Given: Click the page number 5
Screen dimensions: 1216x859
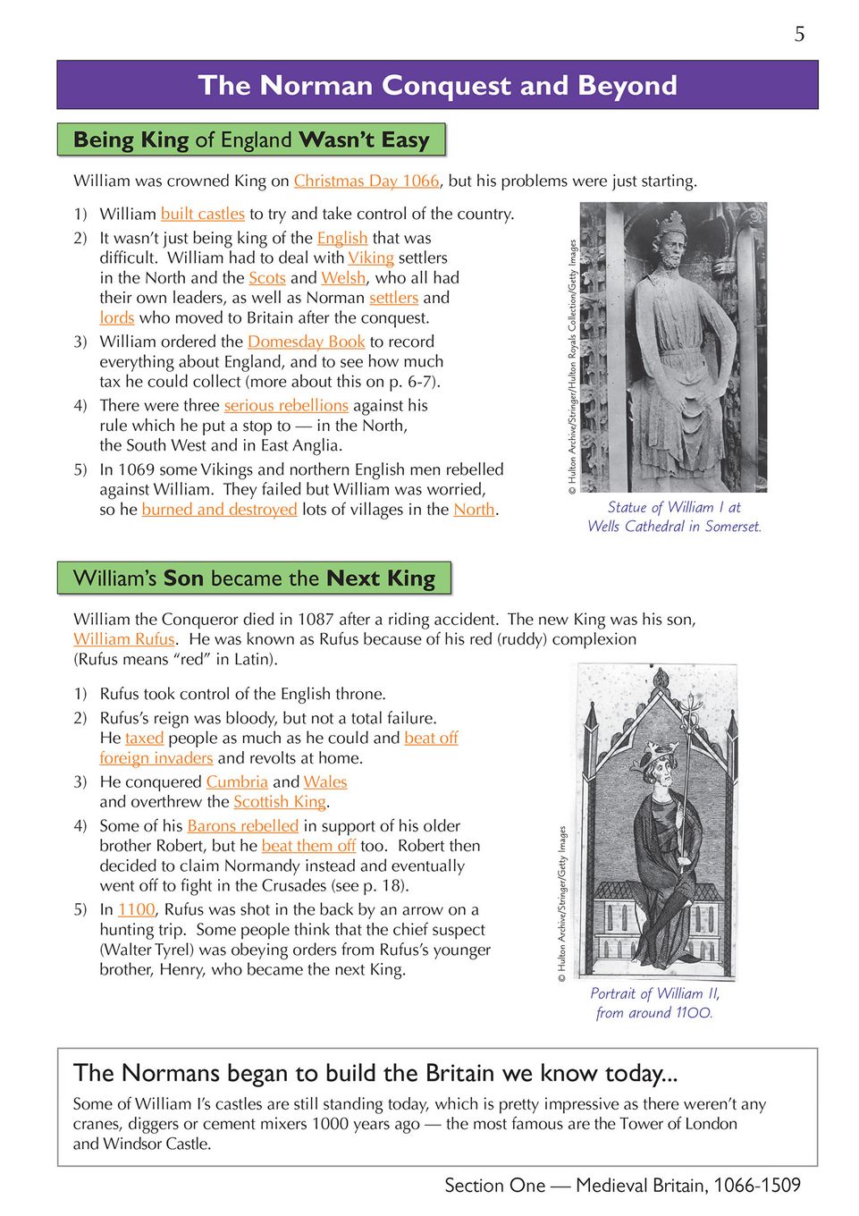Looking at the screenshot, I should click(x=799, y=34).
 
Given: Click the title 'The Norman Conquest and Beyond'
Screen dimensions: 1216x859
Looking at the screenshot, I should click(x=437, y=86).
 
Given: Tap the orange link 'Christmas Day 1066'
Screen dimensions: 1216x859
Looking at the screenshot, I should click(x=366, y=181).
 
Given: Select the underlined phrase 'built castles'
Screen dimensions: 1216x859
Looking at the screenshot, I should click(x=202, y=214).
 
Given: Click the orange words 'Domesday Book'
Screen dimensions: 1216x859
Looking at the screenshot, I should click(x=306, y=342).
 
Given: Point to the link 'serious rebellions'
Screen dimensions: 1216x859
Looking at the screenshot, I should click(x=286, y=405).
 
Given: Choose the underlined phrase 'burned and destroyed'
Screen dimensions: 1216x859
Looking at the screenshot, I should click(x=219, y=510).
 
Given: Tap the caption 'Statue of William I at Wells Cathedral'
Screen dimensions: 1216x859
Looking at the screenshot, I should click(x=674, y=517).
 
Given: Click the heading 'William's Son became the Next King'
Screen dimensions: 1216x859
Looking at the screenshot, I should click(x=254, y=578).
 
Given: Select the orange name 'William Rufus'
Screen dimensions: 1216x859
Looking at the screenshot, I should click(x=124, y=639).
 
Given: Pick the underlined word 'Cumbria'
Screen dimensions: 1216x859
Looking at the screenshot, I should click(x=237, y=781).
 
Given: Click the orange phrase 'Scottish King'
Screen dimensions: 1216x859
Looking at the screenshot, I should click(x=280, y=802).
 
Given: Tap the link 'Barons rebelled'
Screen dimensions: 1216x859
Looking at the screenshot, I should click(x=242, y=826).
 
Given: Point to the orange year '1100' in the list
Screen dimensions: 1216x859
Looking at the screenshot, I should click(x=137, y=909).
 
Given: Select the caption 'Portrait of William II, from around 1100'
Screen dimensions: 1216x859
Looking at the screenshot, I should click(x=654, y=1003).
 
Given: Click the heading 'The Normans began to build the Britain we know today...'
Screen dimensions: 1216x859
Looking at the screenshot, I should click(x=375, y=1073).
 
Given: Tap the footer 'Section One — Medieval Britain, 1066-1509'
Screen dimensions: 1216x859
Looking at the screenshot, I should click(x=622, y=1186).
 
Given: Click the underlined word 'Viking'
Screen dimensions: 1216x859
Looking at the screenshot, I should click(x=371, y=258).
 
